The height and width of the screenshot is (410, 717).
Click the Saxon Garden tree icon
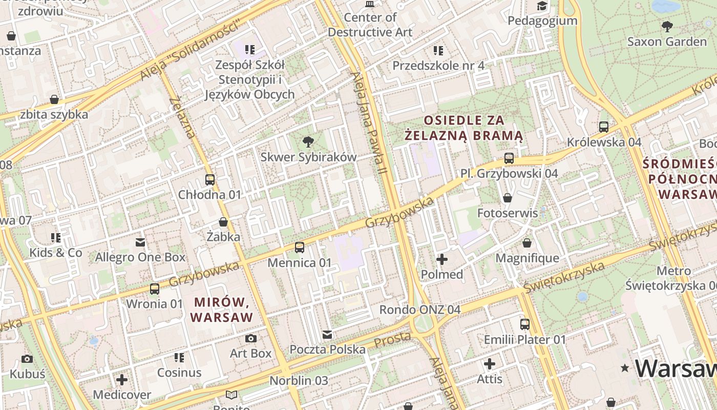(x=667, y=26)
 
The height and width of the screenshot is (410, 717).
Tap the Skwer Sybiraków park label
(x=308, y=157)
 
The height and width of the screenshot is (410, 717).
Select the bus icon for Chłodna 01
(x=209, y=179)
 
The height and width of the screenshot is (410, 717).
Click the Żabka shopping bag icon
(x=223, y=222)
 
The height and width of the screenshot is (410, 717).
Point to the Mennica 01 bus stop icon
(x=300, y=248)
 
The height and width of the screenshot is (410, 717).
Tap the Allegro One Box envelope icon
(x=140, y=242)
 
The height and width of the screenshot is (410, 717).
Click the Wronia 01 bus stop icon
(x=154, y=289)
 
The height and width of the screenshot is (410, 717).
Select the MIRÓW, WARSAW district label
(x=222, y=310)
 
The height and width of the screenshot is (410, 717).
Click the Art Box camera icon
(x=250, y=338)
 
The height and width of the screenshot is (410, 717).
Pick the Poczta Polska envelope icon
(x=327, y=335)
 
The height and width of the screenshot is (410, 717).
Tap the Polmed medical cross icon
(x=442, y=259)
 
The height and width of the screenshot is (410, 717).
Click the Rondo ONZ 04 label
(x=419, y=310)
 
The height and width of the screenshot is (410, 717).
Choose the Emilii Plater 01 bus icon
(x=525, y=324)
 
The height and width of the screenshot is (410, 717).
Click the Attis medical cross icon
(x=490, y=364)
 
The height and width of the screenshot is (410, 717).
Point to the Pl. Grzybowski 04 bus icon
(x=509, y=158)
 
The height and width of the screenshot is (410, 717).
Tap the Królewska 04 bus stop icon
(x=604, y=127)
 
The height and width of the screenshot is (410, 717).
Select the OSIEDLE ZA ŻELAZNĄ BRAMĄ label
(x=463, y=128)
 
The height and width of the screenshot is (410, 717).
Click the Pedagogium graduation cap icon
(x=542, y=6)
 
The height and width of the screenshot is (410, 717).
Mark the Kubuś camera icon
(x=27, y=359)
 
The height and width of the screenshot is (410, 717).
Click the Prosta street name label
(x=392, y=339)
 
